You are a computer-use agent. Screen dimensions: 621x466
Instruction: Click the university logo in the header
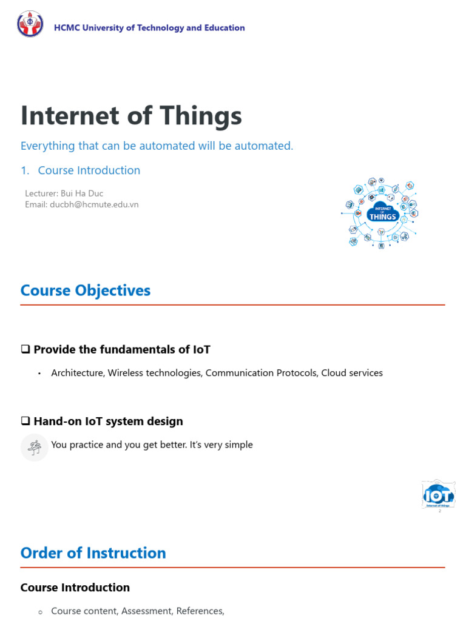pos(30,24)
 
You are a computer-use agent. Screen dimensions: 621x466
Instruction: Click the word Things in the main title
pos(197,115)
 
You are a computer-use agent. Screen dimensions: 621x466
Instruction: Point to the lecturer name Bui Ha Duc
pos(82,193)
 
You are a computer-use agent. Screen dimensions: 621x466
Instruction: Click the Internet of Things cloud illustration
pos(381,213)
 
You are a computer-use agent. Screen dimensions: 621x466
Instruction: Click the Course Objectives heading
pos(85,290)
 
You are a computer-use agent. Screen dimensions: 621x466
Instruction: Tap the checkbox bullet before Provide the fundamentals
pos(25,350)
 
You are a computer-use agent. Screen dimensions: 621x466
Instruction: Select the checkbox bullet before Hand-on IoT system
pos(25,421)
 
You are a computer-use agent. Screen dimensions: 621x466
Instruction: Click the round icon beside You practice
pos(34,448)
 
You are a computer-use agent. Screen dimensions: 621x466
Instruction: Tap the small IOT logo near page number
pos(438,495)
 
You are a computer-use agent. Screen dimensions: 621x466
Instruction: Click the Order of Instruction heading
pos(93,553)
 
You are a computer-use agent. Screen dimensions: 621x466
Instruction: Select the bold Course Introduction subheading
pos(75,588)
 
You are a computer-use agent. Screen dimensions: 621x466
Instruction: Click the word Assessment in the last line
pos(147,611)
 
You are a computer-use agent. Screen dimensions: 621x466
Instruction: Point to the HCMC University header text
pos(149,28)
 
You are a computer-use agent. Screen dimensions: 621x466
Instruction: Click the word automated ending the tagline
pos(265,146)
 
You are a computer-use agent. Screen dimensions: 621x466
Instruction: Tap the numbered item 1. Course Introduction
pos(80,170)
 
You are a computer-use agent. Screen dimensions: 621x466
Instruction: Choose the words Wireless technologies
pos(155,373)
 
